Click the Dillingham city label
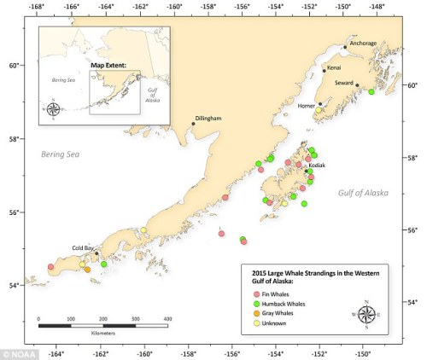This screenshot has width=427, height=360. (x=208, y=118)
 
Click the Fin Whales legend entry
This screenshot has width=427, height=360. (x=278, y=290)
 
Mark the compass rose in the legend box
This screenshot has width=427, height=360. (x=366, y=313)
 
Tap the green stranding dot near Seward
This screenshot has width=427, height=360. (x=371, y=91)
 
